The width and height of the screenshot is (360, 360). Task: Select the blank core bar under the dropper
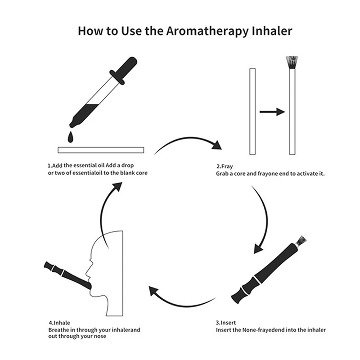pyautogui.click(x=100, y=149)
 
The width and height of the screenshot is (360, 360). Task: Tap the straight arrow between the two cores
pyautogui.click(x=272, y=112)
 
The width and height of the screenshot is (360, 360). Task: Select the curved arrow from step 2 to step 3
pyautogui.click(x=263, y=216)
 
